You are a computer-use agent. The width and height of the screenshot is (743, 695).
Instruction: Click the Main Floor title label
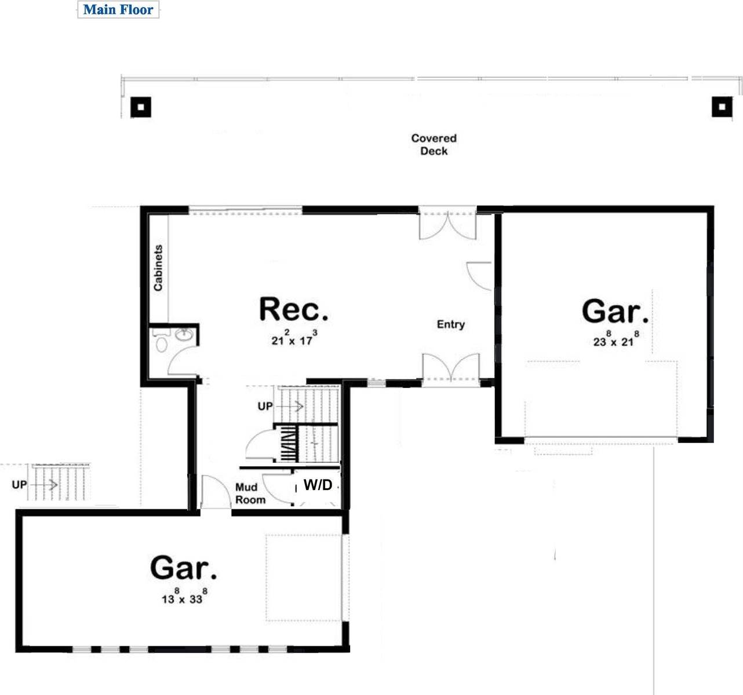click(x=118, y=10)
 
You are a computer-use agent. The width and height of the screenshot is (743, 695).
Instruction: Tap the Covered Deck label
click(x=434, y=145)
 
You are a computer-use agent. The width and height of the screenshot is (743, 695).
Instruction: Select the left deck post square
click(x=140, y=107)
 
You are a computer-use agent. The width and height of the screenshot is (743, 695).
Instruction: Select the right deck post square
click(x=722, y=107)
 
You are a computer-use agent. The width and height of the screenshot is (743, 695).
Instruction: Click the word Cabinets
click(x=158, y=268)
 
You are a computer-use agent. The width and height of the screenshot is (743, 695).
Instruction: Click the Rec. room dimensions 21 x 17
click(x=294, y=339)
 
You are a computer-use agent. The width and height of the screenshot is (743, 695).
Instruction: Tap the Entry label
click(x=451, y=324)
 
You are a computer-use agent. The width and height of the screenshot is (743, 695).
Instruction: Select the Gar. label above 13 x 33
click(x=184, y=568)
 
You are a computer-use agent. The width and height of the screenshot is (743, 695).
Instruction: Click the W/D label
click(x=318, y=485)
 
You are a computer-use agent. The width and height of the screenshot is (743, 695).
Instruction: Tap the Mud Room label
click(x=250, y=493)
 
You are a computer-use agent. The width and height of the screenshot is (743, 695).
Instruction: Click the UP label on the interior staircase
click(x=265, y=407)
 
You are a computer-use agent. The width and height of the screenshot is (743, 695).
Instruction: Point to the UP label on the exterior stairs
click(x=19, y=485)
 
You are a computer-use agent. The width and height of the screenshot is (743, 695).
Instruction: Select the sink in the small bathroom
click(x=184, y=335)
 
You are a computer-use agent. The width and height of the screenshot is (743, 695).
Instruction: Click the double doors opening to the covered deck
click(x=448, y=225)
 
